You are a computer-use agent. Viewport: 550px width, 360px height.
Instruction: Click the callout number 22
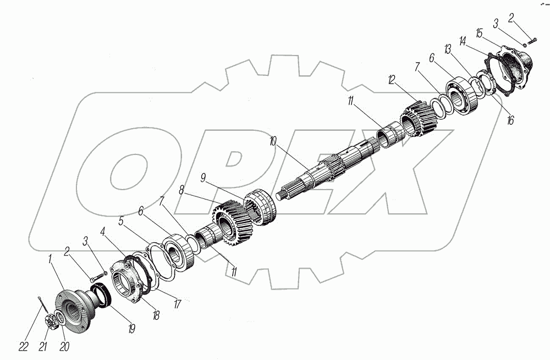click(24, 347)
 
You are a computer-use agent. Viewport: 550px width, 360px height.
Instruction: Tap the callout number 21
click(43, 347)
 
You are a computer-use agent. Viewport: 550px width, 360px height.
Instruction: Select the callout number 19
click(132, 329)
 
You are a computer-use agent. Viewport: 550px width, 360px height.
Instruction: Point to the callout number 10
click(273, 141)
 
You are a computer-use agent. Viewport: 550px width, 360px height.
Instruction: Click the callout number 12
click(392, 79)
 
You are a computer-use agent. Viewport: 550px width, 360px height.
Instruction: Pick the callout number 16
click(510, 120)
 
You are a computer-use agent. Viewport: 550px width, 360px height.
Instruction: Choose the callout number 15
click(479, 33)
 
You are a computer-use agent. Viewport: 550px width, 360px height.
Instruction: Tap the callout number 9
click(203, 178)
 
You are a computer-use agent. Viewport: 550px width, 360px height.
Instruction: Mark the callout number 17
click(178, 303)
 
